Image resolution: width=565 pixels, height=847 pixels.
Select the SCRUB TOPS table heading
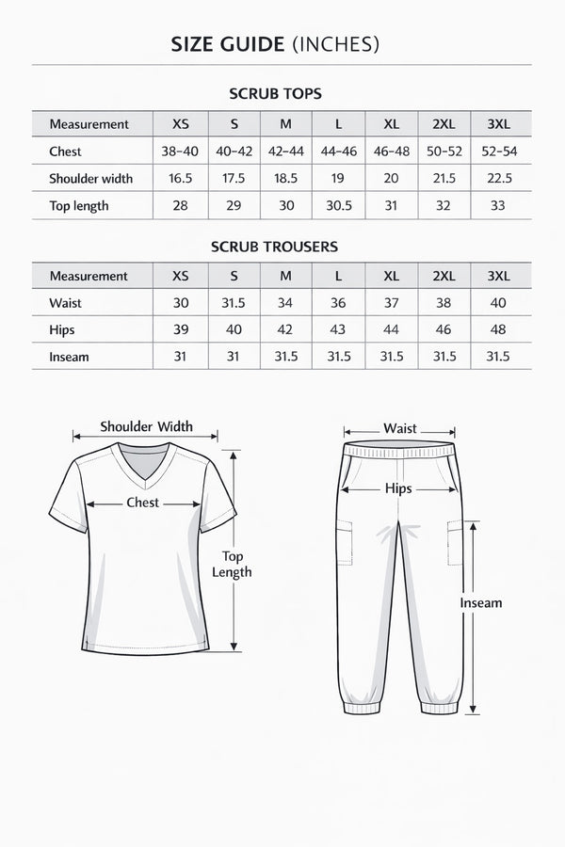(275, 94)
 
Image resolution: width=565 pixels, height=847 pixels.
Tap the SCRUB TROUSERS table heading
(275, 247)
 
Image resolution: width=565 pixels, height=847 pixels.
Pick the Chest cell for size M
(286, 152)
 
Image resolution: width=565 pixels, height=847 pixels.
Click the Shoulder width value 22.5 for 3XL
(498, 179)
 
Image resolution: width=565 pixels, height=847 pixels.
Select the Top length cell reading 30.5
(338, 206)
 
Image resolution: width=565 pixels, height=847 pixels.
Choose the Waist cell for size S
(233, 303)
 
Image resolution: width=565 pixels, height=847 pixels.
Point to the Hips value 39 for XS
(181, 330)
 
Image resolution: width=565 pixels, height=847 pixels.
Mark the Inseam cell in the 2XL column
(444, 357)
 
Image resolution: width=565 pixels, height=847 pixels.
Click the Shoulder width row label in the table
(90, 179)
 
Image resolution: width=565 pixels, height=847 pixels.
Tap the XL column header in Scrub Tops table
(391, 124)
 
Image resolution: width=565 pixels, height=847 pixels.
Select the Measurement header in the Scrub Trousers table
(89, 277)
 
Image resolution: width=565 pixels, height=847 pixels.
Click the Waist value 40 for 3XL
(498, 303)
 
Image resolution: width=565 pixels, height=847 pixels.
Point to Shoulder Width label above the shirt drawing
(146, 426)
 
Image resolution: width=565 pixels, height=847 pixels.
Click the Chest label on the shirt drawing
(143, 503)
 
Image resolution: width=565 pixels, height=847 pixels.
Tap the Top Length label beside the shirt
(232, 564)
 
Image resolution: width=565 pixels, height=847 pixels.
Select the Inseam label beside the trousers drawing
(480, 603)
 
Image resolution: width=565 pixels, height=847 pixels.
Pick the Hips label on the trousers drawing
(399, 488)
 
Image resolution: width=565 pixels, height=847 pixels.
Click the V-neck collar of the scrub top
(143, 466)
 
